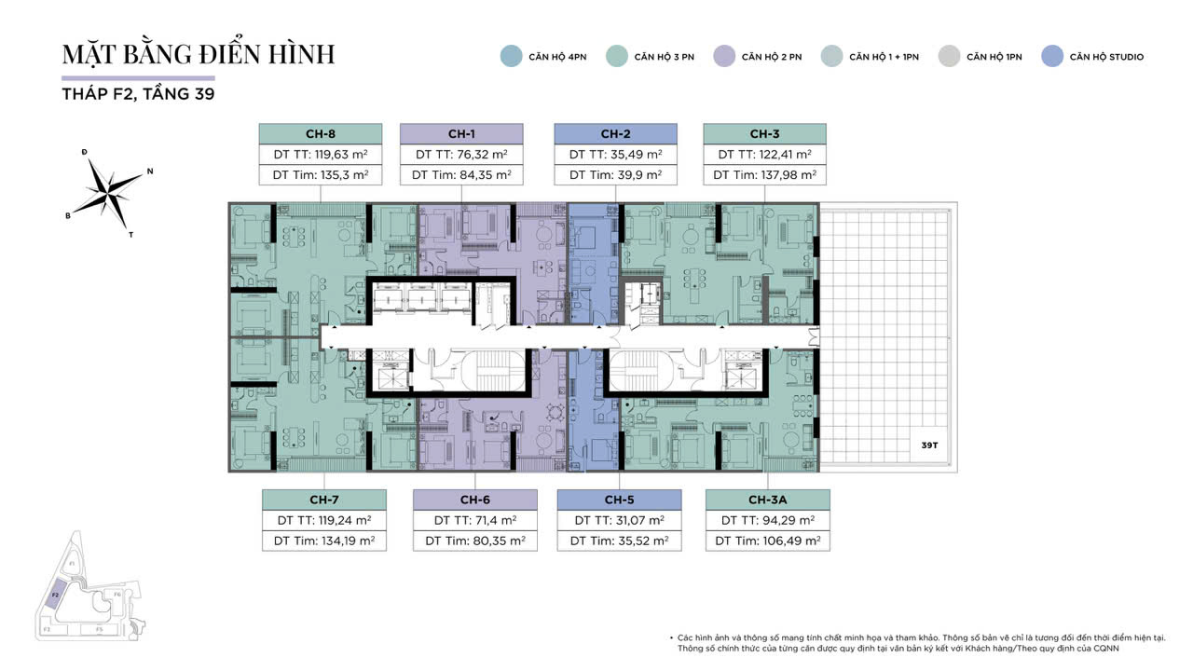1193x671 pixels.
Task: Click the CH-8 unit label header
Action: [x=321, y=133]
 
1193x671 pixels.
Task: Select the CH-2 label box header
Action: [x=615, y=133]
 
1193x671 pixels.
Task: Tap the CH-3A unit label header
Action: [x=767, y=500]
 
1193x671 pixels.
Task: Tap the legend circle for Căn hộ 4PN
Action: [x=511, y=56]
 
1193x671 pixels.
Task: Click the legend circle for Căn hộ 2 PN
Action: [x=723, y=56]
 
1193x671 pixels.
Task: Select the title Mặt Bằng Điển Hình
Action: [x=198, y=54]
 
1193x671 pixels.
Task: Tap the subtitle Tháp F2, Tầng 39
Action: [x=138, y=94]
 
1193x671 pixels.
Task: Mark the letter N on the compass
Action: [x=150, y=171]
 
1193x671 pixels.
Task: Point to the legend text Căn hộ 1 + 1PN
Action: [x=884, y=57]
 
